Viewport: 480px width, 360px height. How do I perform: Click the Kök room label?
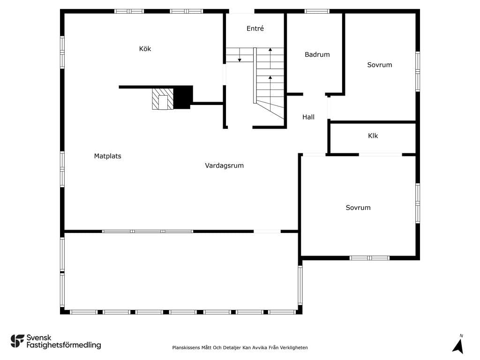145,49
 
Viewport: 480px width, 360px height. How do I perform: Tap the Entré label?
255,29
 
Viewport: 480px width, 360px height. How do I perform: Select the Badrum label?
317,54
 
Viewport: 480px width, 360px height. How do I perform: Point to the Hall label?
308,117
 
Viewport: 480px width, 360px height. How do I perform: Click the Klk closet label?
373,135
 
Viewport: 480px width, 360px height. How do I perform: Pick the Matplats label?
107,156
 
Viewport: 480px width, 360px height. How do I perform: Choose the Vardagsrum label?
224,165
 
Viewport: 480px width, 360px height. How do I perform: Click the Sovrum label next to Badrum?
380,65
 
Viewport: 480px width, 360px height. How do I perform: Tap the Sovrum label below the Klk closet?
358,208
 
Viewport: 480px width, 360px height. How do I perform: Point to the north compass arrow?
458,346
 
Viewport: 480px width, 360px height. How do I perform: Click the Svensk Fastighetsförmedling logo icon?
17,341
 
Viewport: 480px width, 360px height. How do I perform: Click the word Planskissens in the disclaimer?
186,347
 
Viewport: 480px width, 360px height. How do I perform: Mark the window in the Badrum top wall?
317,11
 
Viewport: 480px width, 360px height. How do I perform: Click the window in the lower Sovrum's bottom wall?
369,258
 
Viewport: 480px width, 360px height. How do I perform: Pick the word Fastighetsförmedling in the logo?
64,345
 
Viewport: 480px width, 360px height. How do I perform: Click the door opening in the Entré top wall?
241,11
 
